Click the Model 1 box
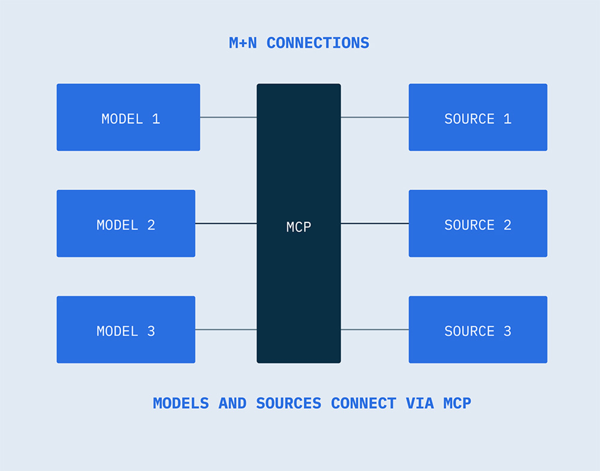coord(128,117)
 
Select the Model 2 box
coord(126,223)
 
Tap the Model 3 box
coord(126,330)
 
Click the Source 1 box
coord(478,117)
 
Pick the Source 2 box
coord(478,223)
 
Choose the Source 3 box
coord(478,330)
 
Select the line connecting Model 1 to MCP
coord(228,117)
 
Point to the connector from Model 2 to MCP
coord(226,223)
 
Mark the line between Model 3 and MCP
coord(226,330)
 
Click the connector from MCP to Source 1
coord(375,117)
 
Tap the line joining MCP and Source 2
coord(375,223)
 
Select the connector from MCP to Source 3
coord(375,330)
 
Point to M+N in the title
coord(243,43)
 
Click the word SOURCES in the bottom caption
coord(289,403)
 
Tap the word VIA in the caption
coord(420,403)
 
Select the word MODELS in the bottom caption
coord(181,403)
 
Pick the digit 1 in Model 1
coord(156,119)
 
